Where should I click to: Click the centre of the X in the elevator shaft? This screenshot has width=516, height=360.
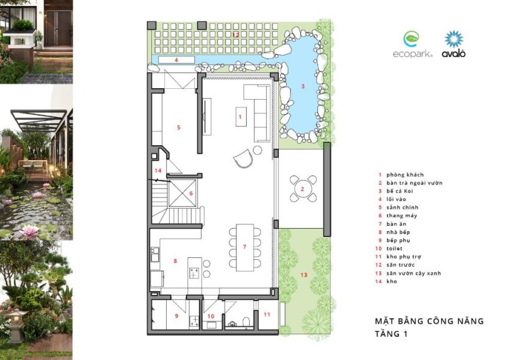(x=182, y=193)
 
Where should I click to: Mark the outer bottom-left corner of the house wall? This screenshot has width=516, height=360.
(x=147, y=335)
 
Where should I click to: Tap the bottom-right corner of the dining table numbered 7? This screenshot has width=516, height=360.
(x=254, y=271)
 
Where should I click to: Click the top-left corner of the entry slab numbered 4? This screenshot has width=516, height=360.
(x=158, y=56)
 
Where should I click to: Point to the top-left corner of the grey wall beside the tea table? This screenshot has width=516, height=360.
(x=323, y=142)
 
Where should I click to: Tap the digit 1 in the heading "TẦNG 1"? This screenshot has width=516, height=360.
(x=406, y=334)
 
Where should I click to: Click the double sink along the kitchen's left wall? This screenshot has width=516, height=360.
(x=155, y=254)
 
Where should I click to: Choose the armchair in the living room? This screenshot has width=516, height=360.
(x=244, y=158)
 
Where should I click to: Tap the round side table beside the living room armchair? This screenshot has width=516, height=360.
(x=257, y=150)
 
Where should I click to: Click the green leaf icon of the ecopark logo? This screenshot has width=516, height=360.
(x=411, y=39)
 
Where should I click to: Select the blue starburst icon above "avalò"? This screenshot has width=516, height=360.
(x=454, y=39)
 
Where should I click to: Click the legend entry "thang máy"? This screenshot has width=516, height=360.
(x=402, y=216)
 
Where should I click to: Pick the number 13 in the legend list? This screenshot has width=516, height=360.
(x=378, y=273)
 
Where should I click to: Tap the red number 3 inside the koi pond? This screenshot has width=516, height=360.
(x=303, y=86)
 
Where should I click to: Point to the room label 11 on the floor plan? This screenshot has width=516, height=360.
(x=267, y=314)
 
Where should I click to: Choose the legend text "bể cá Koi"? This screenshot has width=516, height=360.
(x=400, y=191)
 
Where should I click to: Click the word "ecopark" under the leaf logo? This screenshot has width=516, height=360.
(x=412, y=54)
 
